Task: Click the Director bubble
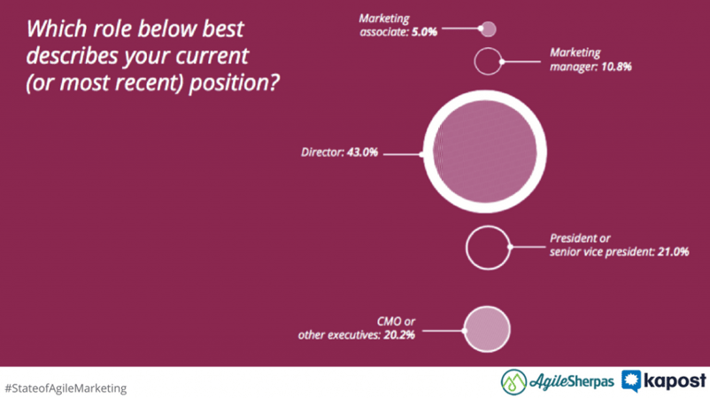tap(485, 152)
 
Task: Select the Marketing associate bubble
tap(488, 29)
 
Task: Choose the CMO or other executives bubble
tap(487, 329)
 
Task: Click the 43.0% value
tap(362, 153)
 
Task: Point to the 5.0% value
tap(424, 32)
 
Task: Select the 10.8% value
tap(616, 66)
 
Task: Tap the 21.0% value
tap(674, 252)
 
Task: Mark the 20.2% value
tap(399, 335)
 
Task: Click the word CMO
tap(389, 322)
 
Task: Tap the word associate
tap(384, 32)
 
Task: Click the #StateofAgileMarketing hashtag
tap(66, 388)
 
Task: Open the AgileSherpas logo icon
tap(514, 382)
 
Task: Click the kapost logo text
tap(675, 381)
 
